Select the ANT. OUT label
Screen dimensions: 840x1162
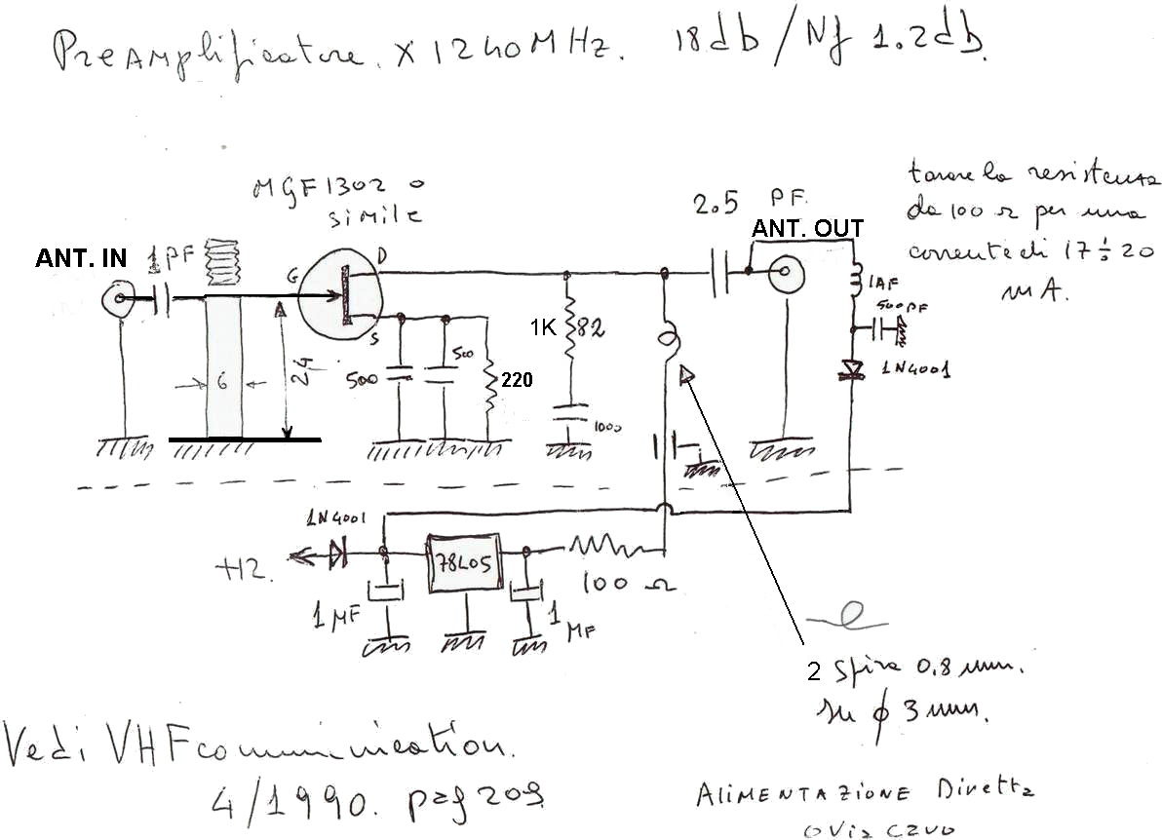pyautogui.click(x=807, y=230)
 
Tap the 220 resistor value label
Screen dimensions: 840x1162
pyautogui.click(x=517, y=381)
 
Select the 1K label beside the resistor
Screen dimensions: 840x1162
pyautogui.click(x=544, y=329)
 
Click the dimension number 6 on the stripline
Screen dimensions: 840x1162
pyautogui.click(x=222, y=384)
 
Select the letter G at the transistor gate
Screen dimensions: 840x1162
pyautogui.click(x=290, y=279)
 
